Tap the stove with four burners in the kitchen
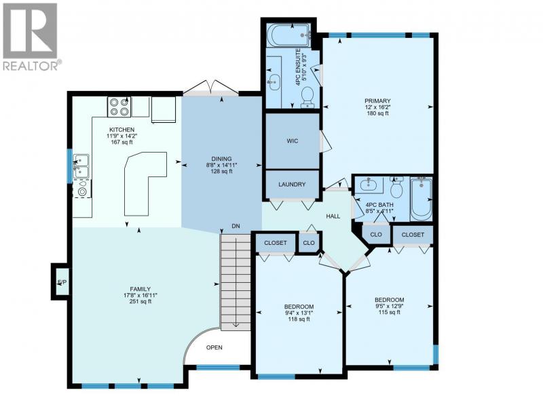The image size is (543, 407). coord(119,107)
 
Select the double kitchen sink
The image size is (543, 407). coord(81,166)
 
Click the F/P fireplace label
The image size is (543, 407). coord(62,282)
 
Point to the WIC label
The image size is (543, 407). coord(293,141)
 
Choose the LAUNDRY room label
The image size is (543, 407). coord(292,185)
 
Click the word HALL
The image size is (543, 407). coord(333,216)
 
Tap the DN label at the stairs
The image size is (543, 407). coord(236,227)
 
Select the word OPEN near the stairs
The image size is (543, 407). coord(214,347)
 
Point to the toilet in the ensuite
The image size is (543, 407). coord(307,97)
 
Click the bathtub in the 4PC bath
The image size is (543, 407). coord(421,199)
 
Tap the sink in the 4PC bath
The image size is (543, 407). coord(369,184)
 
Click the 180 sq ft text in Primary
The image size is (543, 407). coord(378,113)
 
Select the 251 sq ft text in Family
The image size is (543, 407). coord(141,301)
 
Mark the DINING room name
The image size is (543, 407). coord(222,159)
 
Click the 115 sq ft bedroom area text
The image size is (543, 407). coord(389,312)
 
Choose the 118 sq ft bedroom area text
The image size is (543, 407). coord(299,319)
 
